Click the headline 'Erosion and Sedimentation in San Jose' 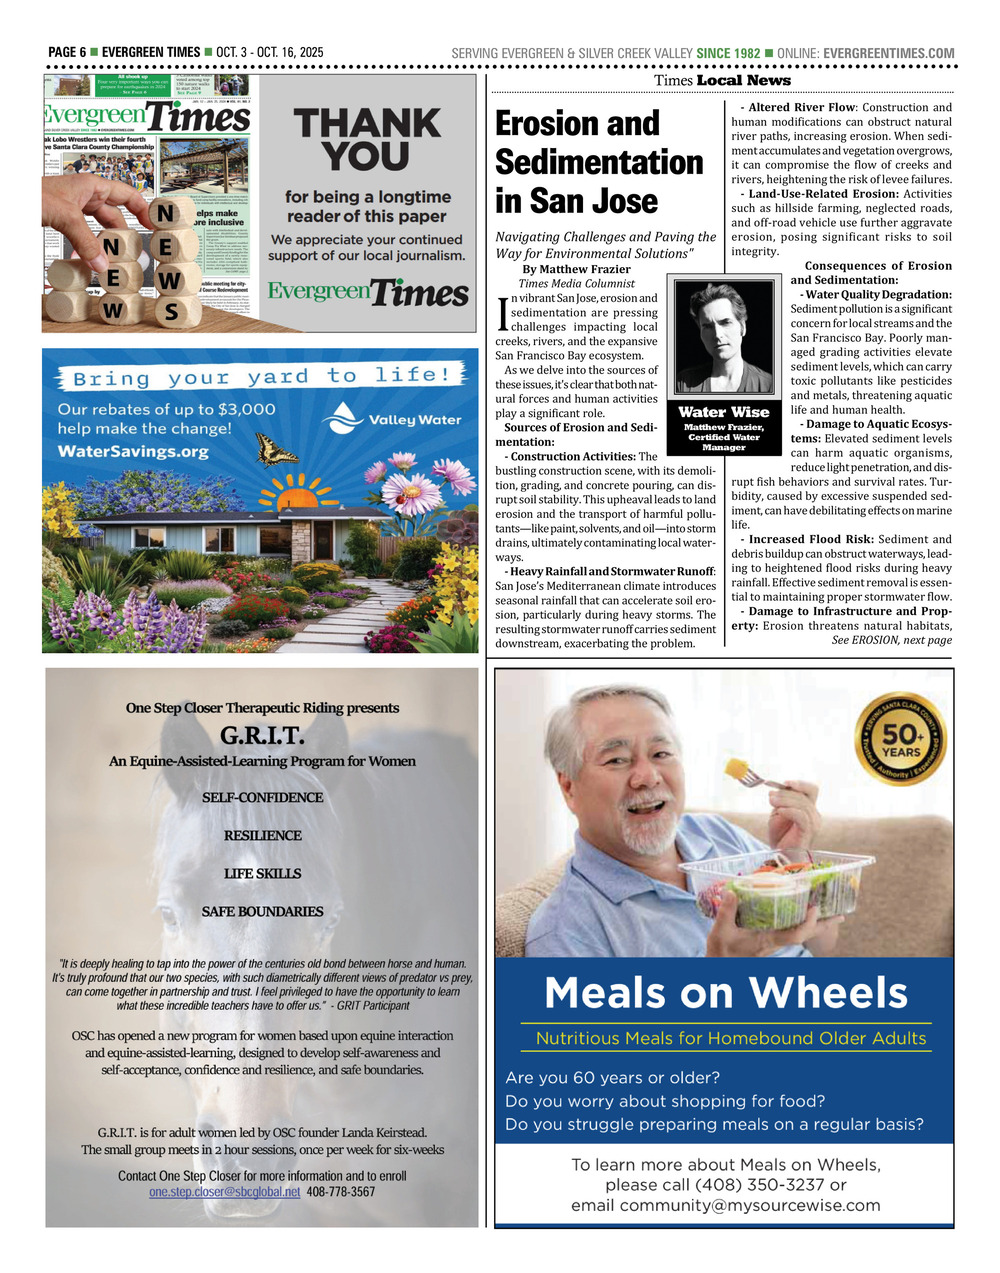pyautogui.click(x=599, y=162)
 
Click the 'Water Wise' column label pyautogui.click(x=723, y=412)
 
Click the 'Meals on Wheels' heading pyautogui.click(x=726, y=993)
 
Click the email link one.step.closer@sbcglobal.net pyautogui.click(x=224, y=1192)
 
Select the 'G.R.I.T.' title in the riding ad pyautogui.click(x=261, y=736)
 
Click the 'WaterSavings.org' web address pyautogui.click(x=133, y=452)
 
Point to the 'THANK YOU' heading pyautogui.click(x=366, y=140)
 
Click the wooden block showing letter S pyautogui.click(x=171, y=312)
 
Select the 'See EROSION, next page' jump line pyautogui.click(x=891, y=640)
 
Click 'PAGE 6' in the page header pyautogui.click(x=67, y=53)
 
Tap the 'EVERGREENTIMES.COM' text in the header pyautogui.click(x=888, y=53)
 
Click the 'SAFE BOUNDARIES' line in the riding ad pyautogui.click(x=262, y=912)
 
